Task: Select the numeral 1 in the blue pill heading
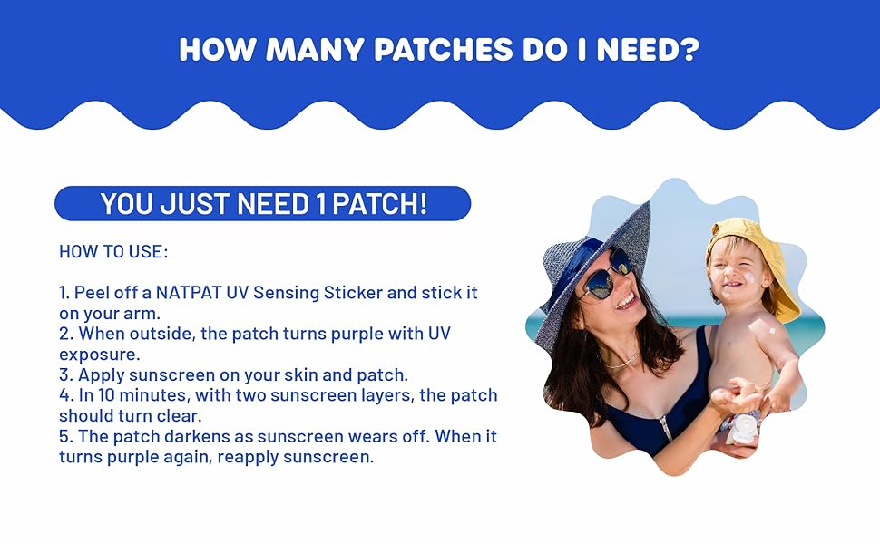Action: click(320, 203)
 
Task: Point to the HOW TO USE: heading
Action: click(112, 251)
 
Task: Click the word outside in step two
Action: click(166, 335)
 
